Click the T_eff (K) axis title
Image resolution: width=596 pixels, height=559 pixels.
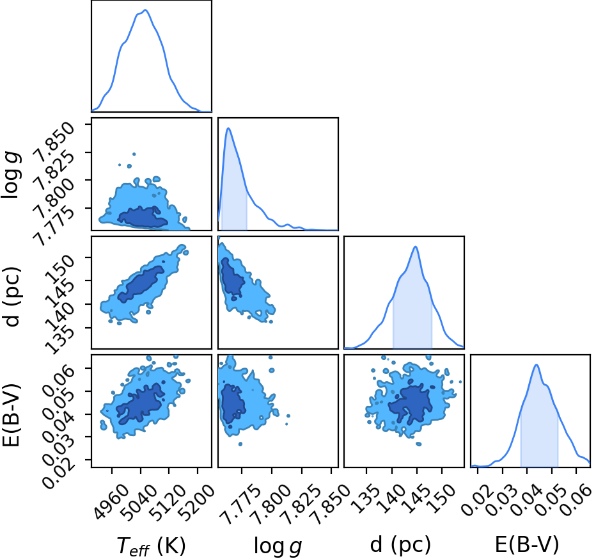pos(151,546)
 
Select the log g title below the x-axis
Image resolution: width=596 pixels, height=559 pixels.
pos(278,546)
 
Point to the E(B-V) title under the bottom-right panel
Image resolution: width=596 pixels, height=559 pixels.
pos(527,544)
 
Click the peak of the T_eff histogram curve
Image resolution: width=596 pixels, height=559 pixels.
pos(145,10)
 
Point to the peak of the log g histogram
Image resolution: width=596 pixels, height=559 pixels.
pos(228,128)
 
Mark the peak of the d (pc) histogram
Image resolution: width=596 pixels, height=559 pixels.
pos(416,247)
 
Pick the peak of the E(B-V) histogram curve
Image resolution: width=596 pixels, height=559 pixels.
pos(537,365)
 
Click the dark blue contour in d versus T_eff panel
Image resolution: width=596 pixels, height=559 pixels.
pos(141,284)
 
